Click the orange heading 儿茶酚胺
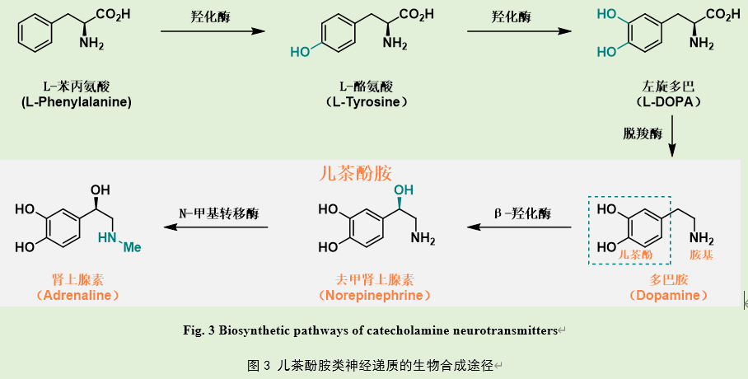[355, 174]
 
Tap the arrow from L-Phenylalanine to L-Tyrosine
[213, 31]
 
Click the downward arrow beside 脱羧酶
[672, 136]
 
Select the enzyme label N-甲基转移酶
[218, 212]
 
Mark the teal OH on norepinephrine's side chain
[404, 191]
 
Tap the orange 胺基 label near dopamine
[701, 255]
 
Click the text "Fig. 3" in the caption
[199, 331]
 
